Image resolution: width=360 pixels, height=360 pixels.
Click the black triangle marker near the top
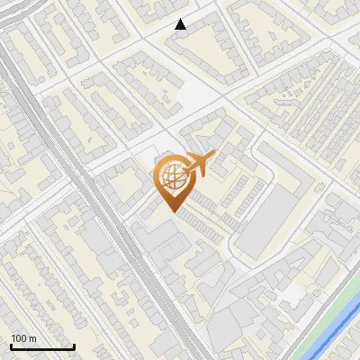pos(181,25)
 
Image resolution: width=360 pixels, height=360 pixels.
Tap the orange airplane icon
pos(197,164)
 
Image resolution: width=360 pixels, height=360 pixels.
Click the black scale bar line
pos(42,347)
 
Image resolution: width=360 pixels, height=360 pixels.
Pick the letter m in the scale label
pos(33,339)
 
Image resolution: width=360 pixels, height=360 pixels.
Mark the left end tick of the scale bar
pos(11,346)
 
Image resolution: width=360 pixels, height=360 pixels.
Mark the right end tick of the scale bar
pos(74,346)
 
